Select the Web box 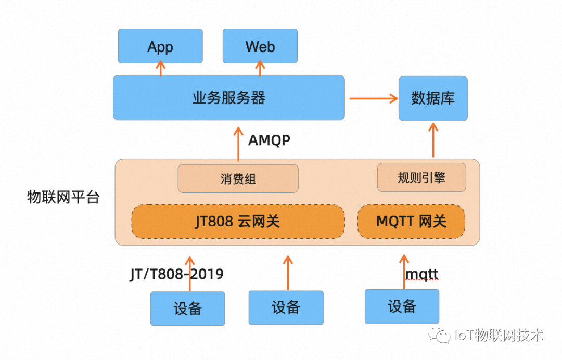click(x=260, y=46)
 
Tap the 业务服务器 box click(x=229, y=97)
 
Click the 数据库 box click(x=433, y=98)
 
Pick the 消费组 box click(x=238, y=178)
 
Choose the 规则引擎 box click(x=421, y=177)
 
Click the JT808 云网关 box click(x=238, y=222)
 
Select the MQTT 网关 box click(x=411, y=222)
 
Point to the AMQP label click(x=269, y=140)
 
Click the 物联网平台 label click(x=63, y=198)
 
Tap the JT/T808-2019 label click(x=176, y=274)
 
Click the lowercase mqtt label click(x=421, y=274)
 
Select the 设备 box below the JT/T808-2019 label click(x=187, y=308)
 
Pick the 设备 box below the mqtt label click(x=402, y=306)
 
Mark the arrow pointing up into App click(x=160, y=69)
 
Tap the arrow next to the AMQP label click(x=238, y=143)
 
